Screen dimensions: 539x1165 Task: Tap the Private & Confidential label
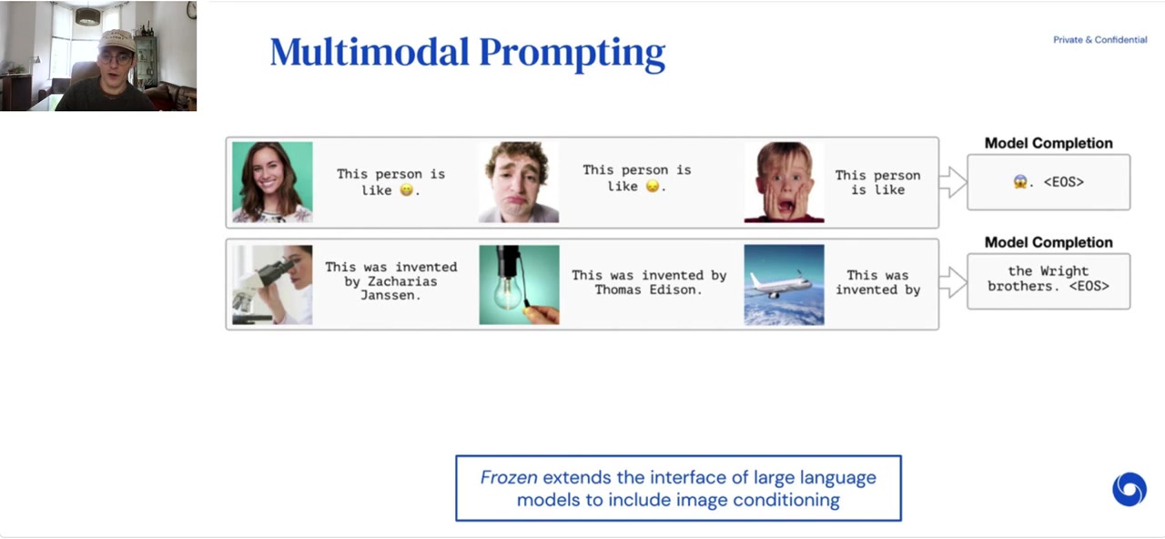(x=1099, y=40)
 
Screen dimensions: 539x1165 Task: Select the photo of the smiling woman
(x=272, y=182)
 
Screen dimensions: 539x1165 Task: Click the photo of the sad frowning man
(x=519, y=182)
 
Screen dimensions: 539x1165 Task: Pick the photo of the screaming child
(x=784, y=182)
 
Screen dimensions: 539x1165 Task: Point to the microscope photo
(x=272, y=284)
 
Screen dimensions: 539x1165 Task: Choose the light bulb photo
(x=519, y=284)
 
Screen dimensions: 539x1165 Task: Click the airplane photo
(x=784, y=284)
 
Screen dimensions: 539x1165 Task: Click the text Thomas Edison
(x=648, y=290)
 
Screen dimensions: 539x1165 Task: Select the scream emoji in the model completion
(x=1020, y=182)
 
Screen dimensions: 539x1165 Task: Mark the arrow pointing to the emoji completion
(x=952, y=182)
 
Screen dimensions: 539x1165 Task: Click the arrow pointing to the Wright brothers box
(x=952, y=283)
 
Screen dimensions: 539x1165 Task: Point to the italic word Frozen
(x=509, y=478)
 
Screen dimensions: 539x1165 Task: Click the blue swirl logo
(x=1129, y=489)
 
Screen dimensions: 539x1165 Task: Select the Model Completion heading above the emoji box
(x=1048, y=143)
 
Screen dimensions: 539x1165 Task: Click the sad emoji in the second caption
(x=652, y=186)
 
